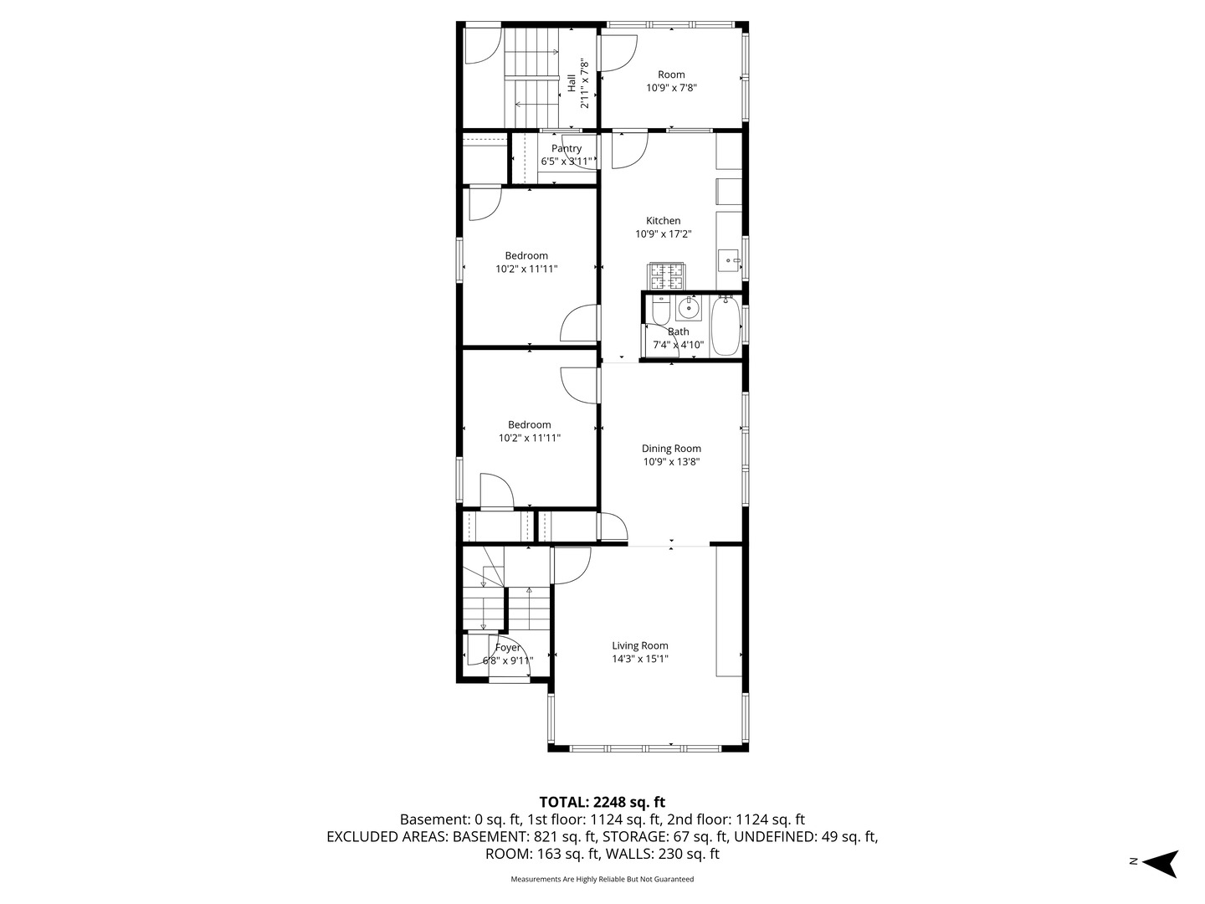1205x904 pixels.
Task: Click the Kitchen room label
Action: [x=663, y=221]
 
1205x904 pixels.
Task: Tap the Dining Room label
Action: [x=671, y=449]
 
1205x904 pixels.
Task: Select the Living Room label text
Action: [x=640, y=645]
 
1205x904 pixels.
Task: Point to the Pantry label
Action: [x=567, y=149]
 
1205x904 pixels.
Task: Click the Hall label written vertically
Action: [x=572, y=84]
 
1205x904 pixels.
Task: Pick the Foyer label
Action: [x=508, y=648]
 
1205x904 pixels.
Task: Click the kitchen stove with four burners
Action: [x=667, y=276]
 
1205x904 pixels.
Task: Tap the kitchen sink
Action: [x=730, y=260]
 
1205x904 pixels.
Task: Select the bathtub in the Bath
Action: [x=726, y=326]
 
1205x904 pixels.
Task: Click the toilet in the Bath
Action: [x=659, y=310]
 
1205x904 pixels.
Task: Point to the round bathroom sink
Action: [x=688, y=309]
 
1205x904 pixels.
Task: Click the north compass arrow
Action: [x=1161, y=864]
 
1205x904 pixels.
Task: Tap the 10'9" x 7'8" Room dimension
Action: [x=671, y=88]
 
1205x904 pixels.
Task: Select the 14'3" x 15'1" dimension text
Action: [x=640, y=659]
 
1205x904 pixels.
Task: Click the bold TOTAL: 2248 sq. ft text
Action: [x=602, y=803]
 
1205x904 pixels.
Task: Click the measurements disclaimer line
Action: [x=602, y=879]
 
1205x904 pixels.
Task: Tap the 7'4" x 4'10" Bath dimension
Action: [x=678, y=345]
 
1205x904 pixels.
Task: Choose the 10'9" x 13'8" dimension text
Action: [x=671, y=461]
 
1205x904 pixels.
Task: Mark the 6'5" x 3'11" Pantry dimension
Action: [x=567, y=162]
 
